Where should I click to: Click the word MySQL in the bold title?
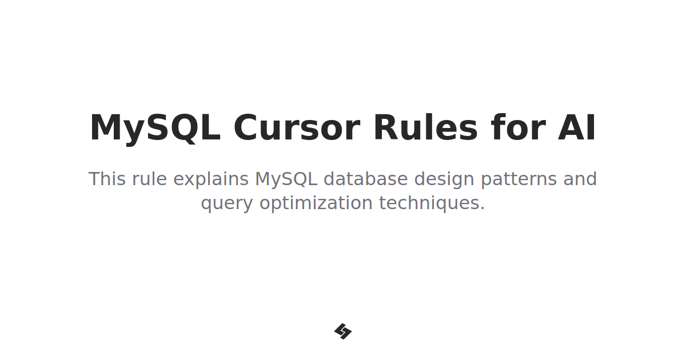point(155,128)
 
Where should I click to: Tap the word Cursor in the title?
point(296,128)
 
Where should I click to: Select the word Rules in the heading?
point(425,128)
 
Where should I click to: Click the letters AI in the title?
point(577,128)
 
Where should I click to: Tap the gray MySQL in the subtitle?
point(286,179)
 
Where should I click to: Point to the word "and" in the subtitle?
point(580,179)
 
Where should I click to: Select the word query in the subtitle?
point(226,204)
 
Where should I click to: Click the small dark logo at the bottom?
point(343,331)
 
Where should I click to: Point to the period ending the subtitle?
point(482,209)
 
